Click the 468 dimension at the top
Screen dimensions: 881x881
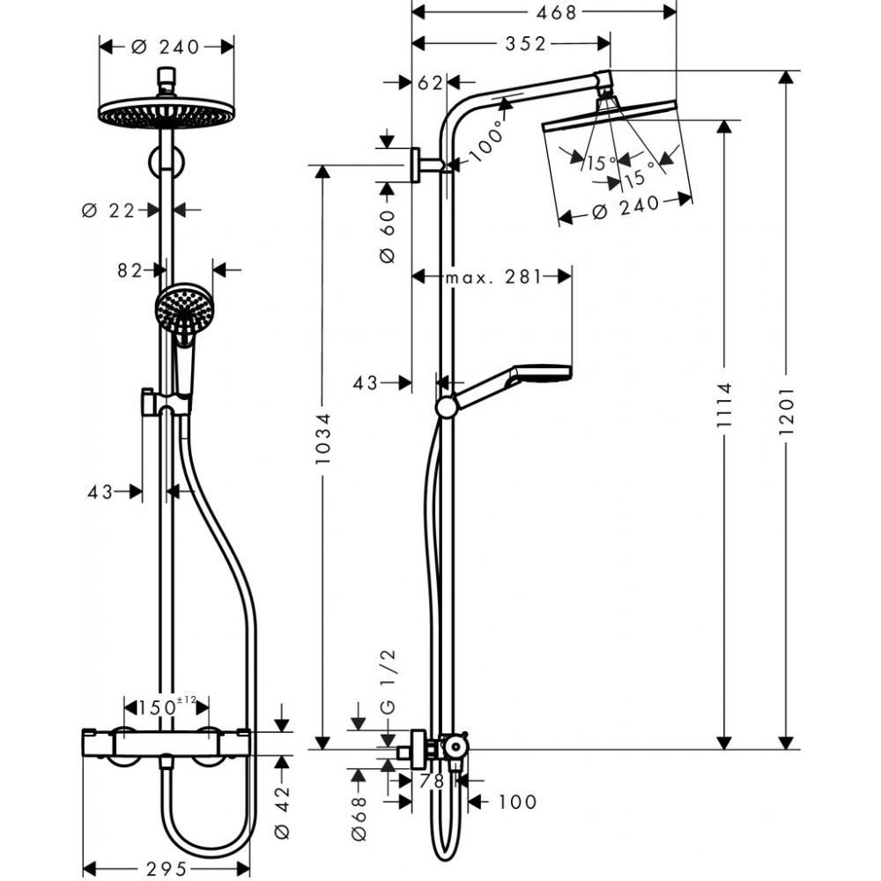pos(544,12)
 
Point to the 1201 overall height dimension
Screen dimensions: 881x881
pos(788,410)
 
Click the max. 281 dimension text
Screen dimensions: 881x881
pos(492,278)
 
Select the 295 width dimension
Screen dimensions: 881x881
pos(165,869)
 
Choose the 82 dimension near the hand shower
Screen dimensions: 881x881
pos(131,270)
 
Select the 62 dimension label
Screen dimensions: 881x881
pos(430,82)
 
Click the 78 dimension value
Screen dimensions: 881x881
pos(432,781)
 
